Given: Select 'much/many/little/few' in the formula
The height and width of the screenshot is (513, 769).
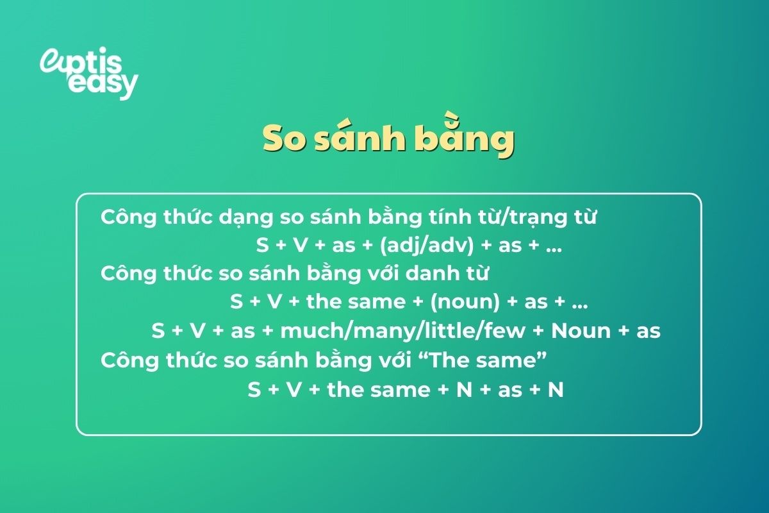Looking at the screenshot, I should (404, 331).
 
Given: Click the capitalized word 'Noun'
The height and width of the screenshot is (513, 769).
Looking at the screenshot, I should (581, 331).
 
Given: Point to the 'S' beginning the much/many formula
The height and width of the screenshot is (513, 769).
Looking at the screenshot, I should (158, 331).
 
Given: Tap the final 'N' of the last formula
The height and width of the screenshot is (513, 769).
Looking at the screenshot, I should (555, 389).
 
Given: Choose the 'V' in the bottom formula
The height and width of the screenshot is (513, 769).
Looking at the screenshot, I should (294, 389).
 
